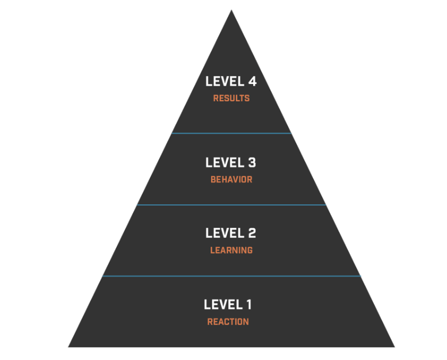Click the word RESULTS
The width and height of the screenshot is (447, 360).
(x=231, y=98)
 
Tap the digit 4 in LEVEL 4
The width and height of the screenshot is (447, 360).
(x=253, y=81)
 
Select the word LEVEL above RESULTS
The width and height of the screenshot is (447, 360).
(x=224, y=81)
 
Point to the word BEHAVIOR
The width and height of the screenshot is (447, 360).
(x=231, y=179)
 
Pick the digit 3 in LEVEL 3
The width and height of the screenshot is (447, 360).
(x=252, y=163)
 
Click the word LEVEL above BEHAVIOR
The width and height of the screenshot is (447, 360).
(x=224, y=163)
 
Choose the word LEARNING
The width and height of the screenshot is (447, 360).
(x=231, y=250)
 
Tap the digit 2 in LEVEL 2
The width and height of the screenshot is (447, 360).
(x=252, y=233)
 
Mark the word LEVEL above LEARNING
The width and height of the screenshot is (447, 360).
(x=224, y=233)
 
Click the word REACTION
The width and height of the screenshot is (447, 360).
(x=228, y=321)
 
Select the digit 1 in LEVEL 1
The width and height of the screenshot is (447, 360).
(x=249, y=304)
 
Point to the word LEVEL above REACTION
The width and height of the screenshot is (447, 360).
(x=223, y=304)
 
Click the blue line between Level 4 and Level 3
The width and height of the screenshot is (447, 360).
(x=231, y=133)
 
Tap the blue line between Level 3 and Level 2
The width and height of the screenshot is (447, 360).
(x=231, y=205)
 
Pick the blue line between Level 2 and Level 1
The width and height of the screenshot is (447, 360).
(x=231, y=276)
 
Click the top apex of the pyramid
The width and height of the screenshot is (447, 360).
(x=231, y=10)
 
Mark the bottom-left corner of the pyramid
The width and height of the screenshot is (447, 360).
(x=68, y=347)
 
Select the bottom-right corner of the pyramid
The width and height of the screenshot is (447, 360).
(x=395, y=347)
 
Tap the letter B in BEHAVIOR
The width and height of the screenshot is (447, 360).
(x=213, y=179)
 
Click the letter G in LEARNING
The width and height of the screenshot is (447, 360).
(x=250, y=250)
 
